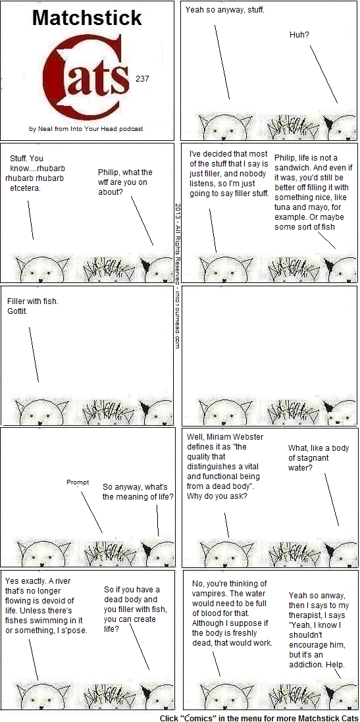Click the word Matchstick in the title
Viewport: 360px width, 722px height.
click(87, 18)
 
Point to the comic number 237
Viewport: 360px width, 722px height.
click(142, 79)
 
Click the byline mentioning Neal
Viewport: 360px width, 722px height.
click(86, 129)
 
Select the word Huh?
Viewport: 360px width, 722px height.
click(299, 34)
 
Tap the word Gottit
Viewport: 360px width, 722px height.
click(18, 311)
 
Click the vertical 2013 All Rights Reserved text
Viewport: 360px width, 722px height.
click(177, 276)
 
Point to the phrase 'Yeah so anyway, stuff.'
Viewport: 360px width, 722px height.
click(225, 9)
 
